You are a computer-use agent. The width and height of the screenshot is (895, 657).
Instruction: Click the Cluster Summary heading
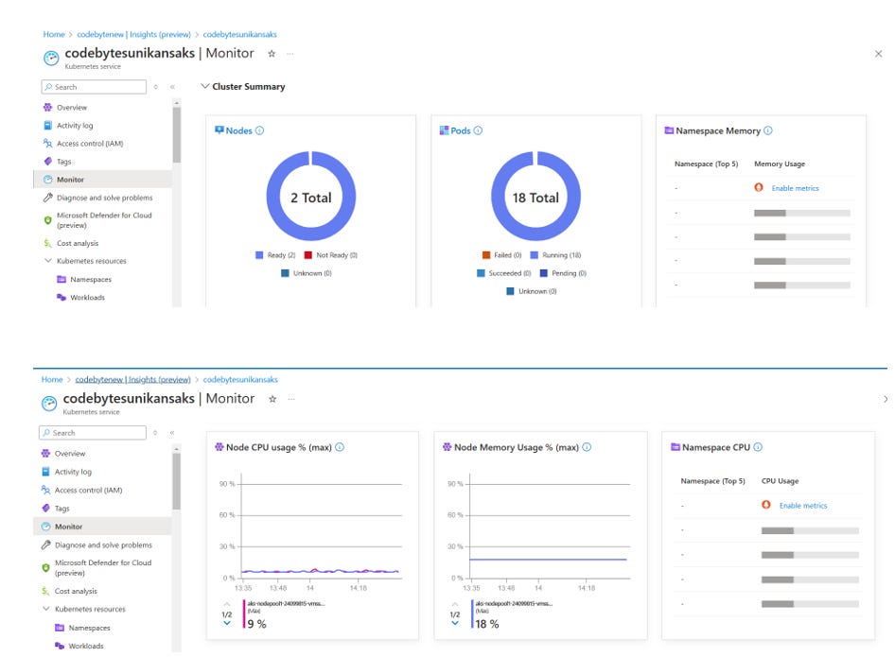point(249,87)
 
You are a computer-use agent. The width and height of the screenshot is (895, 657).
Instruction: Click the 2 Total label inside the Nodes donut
point(310,198)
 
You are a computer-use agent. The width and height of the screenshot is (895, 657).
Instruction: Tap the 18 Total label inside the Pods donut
point(536,198)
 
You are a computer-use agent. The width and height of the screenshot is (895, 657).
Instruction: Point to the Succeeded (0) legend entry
point(508,273)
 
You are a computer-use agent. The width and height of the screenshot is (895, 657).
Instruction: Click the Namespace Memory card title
point(717,130)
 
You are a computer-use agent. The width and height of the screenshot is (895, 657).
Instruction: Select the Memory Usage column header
point(779,164)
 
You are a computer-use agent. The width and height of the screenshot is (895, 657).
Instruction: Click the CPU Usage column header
point(781,481)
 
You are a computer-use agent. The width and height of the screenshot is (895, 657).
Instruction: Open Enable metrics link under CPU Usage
point(802,506)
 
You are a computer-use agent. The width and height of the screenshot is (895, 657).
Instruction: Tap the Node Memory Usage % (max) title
point(515,447)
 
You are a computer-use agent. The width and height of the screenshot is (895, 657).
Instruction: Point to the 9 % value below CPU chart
point(255,624)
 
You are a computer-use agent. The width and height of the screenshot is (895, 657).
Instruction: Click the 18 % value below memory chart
point(487,624)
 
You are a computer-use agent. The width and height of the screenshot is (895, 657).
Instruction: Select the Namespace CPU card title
point(716,447)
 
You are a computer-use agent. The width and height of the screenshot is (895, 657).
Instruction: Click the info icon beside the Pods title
point(478,130)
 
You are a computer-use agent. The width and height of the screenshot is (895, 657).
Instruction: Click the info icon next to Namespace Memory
point(768,130)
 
